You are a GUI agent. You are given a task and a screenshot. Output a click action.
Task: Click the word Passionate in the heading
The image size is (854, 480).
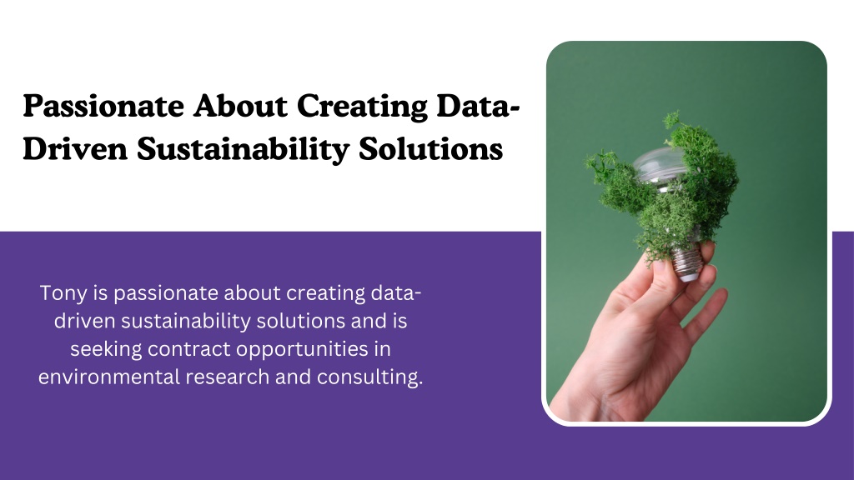(x=103, y=106)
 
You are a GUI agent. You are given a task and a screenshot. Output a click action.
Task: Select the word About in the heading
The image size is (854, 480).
(x=240, y=106)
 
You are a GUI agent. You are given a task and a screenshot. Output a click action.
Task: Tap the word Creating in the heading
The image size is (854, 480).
(x=362, y=106)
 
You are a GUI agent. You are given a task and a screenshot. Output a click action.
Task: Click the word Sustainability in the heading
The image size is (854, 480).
(x=243, y=149)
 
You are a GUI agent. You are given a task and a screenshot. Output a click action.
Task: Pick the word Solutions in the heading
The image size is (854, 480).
(x=430, y=148)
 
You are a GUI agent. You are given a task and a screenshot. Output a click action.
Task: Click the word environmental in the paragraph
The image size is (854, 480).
(x=109, y=377)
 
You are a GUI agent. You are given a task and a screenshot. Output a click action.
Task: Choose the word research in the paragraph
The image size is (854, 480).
(x=227, y=377)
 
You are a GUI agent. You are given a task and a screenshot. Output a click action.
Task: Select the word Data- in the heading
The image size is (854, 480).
(x=478, y=106)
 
